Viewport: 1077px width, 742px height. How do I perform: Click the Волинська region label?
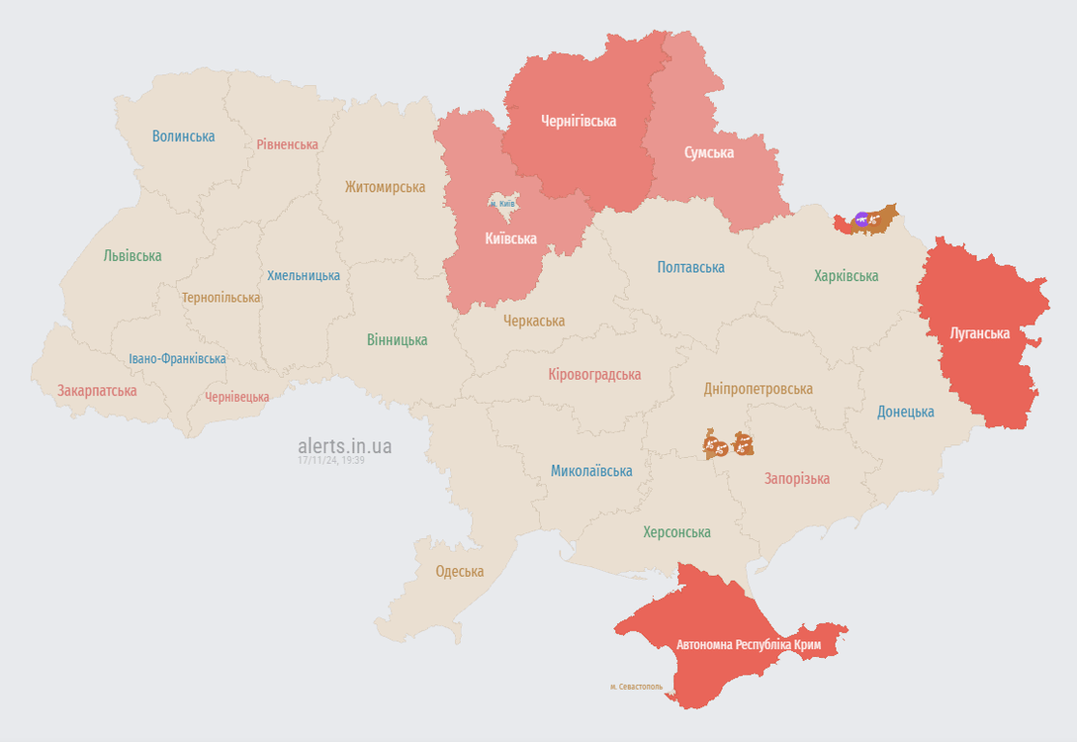184,136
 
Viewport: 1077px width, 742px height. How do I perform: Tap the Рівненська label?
287,144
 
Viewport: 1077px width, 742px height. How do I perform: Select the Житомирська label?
385,186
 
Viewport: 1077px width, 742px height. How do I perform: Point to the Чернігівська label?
579,121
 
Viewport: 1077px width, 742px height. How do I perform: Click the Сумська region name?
709,153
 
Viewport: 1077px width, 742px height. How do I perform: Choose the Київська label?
511,238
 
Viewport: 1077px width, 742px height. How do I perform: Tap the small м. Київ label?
501,204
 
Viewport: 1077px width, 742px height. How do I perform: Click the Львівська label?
132,256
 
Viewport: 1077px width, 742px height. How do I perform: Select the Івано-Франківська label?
178,358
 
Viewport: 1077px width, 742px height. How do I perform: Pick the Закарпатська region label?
97,391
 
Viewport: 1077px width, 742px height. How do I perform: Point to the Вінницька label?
397,340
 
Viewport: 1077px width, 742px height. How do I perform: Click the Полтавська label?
691,268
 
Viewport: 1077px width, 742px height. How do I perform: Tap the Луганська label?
979,333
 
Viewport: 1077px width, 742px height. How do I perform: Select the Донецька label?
905,412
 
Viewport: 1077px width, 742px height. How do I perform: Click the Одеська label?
460,571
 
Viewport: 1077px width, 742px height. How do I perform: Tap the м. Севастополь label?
637,687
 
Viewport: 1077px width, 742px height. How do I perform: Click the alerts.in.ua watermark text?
345,445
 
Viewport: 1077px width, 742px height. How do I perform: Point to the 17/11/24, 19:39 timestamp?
331,461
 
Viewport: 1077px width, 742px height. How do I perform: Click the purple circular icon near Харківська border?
862,219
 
